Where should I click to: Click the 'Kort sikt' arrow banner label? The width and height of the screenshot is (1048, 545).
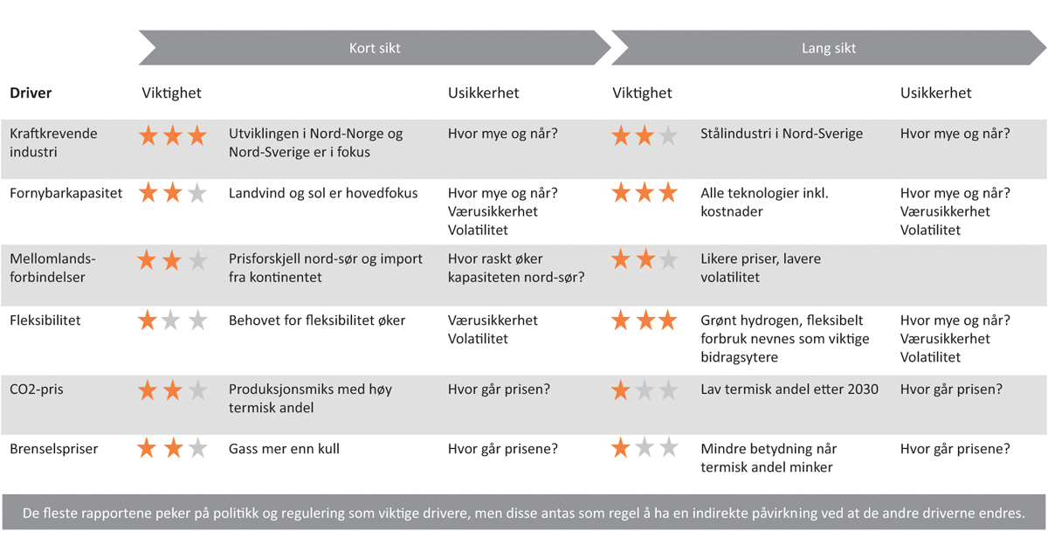point(375,48)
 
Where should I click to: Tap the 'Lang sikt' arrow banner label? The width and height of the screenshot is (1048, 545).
point(829,48)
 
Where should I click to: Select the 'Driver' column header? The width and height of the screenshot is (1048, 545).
point(31,93)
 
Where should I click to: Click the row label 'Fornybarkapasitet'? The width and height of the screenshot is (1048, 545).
point(65,193)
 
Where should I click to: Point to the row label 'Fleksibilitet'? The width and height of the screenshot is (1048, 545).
point(45,321)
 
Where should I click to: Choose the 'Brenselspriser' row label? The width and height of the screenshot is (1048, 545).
point(54,449)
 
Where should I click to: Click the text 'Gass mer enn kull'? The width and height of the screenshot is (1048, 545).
point(284,449)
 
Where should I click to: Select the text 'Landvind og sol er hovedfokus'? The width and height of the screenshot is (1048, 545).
point(323,193)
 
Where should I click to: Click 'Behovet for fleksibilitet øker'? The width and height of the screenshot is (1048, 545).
point(317,321)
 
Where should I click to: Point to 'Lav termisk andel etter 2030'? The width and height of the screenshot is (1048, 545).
point(789,390)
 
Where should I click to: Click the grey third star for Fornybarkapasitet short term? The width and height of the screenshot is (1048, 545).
point(197,193)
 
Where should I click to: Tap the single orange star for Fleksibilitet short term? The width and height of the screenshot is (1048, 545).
point(148,321)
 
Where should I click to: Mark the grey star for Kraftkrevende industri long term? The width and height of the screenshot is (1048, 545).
point(668,135)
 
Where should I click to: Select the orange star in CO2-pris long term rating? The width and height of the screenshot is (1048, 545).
point(621,390)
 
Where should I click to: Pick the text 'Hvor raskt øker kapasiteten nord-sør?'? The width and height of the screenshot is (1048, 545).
point(516,268)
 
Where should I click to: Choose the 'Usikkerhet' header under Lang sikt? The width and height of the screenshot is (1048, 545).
point(935,93)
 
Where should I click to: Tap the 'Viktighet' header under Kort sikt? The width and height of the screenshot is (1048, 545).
point(172,93)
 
